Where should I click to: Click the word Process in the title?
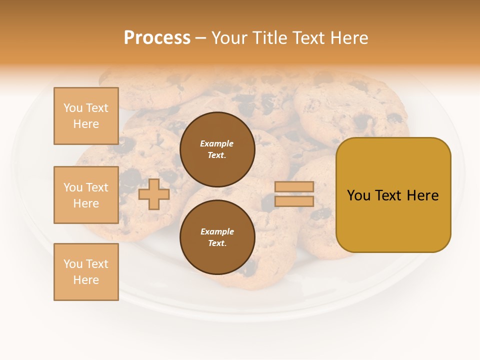click(x=157, y=38)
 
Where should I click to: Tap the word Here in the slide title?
click(x=348, y=38)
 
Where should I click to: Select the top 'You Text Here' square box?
click(x=86, y=116)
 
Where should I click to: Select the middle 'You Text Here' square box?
click(x=86, y=195)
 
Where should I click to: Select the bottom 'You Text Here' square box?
click(x=86, y=271)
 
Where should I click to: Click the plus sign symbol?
click(x=154, y=194)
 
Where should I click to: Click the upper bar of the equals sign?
click(x=294, y=186)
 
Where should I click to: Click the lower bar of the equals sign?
click(x=294, y=201)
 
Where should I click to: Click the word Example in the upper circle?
click(x=216, y=143)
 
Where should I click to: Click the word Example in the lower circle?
click(x=217, y=231)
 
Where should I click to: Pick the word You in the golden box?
click(x=358, y=195)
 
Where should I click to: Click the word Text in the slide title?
click(x=308, y=38)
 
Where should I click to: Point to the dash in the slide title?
click(x=201, y=38)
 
